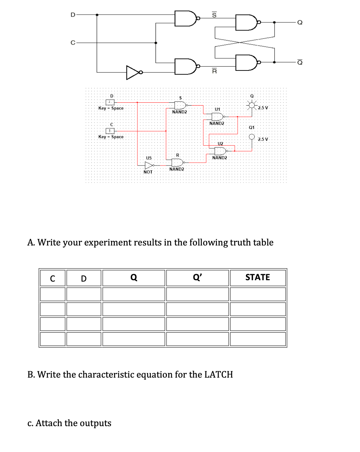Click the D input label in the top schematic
73,15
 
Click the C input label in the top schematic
73,43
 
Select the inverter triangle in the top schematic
133,72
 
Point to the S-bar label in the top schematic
214,15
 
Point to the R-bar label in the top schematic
214,71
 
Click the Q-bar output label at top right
300,62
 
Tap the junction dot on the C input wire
156,43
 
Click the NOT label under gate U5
148,172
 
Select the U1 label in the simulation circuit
217,109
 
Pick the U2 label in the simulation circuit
220,143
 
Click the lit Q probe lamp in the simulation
252,105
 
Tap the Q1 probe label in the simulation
252,127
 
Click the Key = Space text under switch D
111,108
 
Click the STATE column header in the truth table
258,277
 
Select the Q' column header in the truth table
197,277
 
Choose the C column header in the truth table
52,278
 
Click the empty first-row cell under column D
84,294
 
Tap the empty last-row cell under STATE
258,339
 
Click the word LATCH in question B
219,374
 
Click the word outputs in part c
95,423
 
